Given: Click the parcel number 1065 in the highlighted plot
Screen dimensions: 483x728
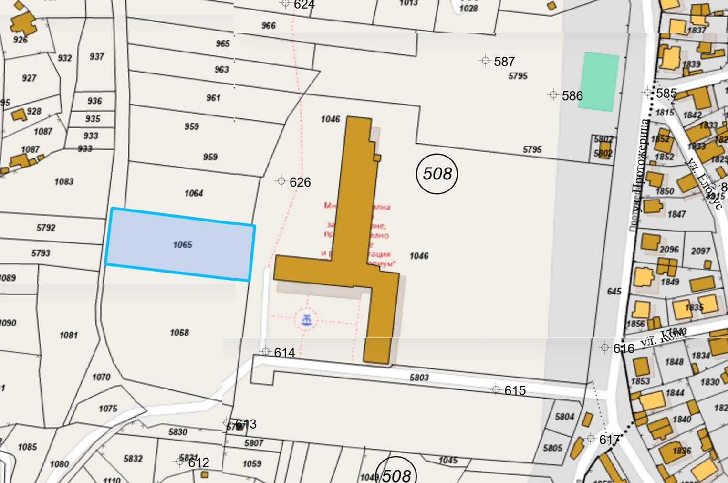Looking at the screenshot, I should [182, 245].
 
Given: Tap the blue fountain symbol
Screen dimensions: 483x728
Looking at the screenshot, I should [306, 319].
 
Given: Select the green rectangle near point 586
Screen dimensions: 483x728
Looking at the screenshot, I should [599, 82].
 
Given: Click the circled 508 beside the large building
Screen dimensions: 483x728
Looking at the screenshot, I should [437, 174].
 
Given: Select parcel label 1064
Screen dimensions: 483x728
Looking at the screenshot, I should [194, 193].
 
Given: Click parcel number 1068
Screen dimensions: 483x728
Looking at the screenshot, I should [179, 333].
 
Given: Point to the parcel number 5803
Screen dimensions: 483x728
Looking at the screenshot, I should [419, 378].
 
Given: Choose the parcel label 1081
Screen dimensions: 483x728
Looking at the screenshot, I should [69, 336].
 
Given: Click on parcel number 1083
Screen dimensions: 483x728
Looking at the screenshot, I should [64, 182].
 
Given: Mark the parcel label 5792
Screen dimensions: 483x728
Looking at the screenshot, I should [46, 228].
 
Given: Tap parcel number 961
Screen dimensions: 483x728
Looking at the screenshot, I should [213, 98].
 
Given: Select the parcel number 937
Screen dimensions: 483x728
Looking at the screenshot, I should [97, 57].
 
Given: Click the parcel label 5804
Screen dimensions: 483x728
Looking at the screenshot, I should [565, 417].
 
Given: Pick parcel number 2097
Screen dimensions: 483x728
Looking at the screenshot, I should [700, 251].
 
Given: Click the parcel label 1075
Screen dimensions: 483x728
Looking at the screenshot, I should [108, 409].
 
